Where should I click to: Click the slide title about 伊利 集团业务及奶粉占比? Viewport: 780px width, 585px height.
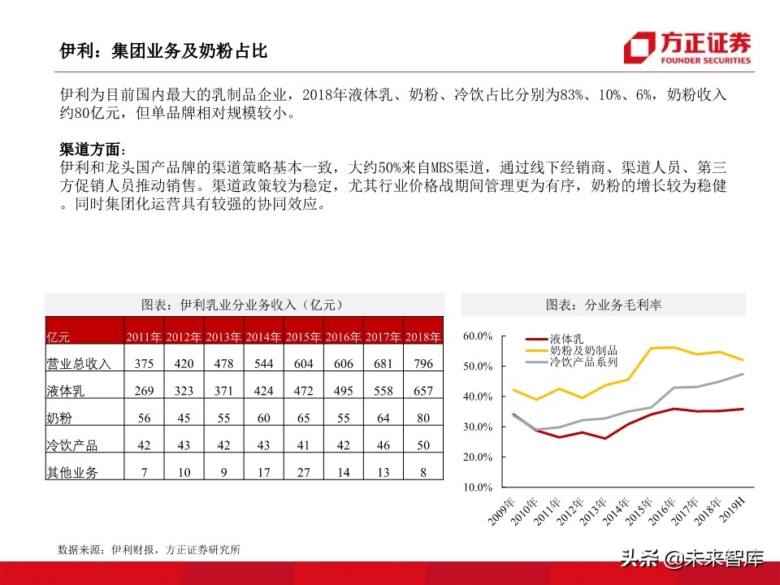click(163, 51)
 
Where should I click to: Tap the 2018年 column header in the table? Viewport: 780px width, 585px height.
click(423, 337)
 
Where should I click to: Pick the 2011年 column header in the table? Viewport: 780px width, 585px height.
click(144, 337)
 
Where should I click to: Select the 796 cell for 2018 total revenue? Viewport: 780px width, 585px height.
click(423, 364)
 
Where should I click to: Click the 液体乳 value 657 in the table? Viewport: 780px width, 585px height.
click(423, 391)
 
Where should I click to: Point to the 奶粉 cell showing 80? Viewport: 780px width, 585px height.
click(423, 418)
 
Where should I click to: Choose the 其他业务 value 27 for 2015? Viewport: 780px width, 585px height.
click(303, 472)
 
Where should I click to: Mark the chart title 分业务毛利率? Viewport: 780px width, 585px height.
click(603, 305)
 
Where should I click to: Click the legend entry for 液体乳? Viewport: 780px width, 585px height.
click(566, 338)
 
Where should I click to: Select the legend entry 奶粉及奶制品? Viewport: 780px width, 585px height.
click(583, 350)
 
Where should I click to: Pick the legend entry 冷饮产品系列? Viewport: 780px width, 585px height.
click(583, 362)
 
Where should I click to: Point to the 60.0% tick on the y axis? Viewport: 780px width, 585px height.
click(478, 336)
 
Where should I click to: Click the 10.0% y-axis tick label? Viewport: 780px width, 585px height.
click(478, 487)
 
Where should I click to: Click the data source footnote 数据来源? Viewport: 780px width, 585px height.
click(149, 550)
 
